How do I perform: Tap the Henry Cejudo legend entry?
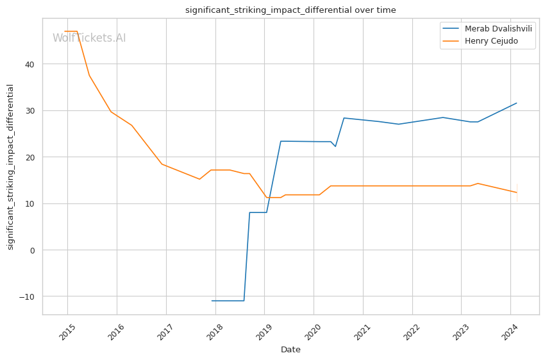pos(491,42)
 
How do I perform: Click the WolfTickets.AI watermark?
pos(89,38)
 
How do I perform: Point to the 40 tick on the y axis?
pos(30,64)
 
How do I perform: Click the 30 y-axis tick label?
pos(30,110)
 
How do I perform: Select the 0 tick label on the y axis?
pos(33,250)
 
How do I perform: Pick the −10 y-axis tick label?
pos(28,296)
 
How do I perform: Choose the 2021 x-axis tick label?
pos(364,333)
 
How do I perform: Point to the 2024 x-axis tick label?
pos(511,333)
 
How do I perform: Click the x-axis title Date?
pos(290,350)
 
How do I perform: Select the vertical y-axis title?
pos(10,167)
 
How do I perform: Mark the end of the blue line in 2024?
pos(517,103)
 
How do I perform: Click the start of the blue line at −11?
pos(212,300)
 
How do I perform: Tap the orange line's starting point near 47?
pos(65,31)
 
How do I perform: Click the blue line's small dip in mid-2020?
pos(335,146)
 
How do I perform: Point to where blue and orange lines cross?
pos(270,197)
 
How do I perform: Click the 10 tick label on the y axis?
pos(30,203)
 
